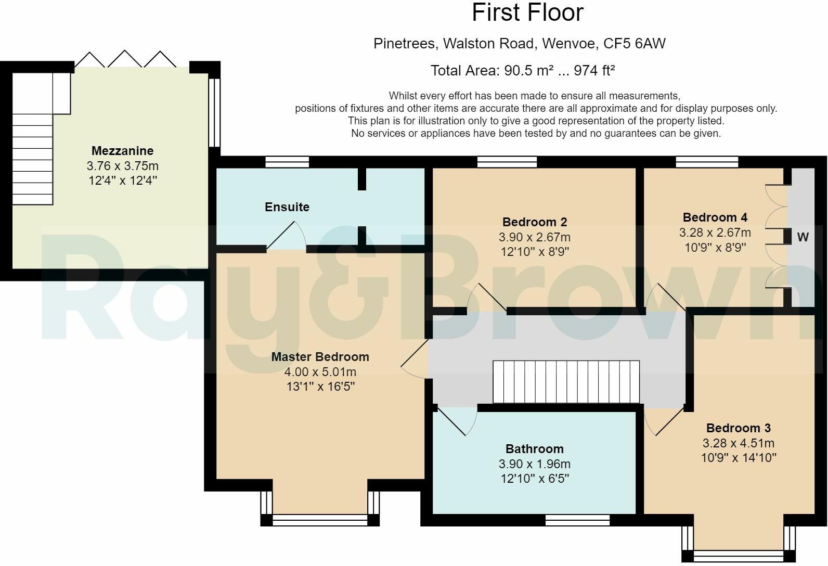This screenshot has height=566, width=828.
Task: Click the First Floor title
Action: point(527,12)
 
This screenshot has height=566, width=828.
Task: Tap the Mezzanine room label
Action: point(122,151)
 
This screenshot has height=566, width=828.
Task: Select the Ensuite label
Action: point(287,207)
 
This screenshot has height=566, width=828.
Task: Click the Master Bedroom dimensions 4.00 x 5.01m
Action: point(320,372)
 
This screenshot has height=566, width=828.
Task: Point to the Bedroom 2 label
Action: point(534,222)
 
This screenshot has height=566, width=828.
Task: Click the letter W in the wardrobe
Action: point(803,237)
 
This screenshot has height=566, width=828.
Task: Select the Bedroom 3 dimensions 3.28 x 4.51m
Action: point(738,443)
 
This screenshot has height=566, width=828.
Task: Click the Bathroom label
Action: point(534,449)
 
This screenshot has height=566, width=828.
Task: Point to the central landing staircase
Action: point(566,381)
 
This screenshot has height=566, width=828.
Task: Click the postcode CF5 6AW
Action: point(634,44)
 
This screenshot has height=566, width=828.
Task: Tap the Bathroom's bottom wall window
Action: point(577,520)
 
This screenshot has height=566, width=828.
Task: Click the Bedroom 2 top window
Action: point(507,162)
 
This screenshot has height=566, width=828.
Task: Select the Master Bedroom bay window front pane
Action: point(320,520)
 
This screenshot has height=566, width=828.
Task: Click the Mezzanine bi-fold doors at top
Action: point(125,60)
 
